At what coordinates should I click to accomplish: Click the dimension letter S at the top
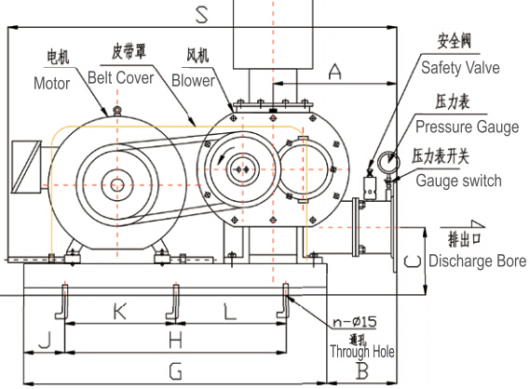(x=202, y=15)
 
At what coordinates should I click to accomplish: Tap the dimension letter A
(x=334, y=72)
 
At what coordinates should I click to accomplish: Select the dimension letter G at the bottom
(x=176, y=371)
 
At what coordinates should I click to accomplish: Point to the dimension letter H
(x=176, y=341)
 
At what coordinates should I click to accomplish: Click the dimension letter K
(x=120, y=312)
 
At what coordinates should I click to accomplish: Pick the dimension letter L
(x=230, y=312)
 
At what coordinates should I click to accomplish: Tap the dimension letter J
(x=46, y=340)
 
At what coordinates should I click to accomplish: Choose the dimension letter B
(x=362, y=370)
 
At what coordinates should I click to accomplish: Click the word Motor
(x=52, y=83)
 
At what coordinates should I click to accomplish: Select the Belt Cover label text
(x=121, y=77)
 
